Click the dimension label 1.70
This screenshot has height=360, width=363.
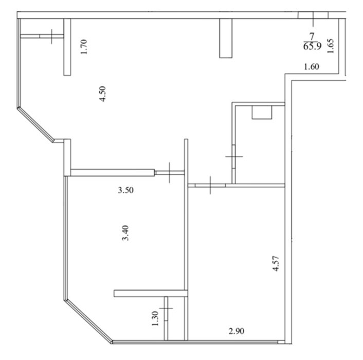(84, 47)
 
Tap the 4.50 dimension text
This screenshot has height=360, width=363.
(102, 94)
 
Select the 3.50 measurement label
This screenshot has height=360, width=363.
(125, 190)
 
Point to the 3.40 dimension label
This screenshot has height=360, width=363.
(125, 233)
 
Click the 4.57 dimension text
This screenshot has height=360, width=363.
(276, 263)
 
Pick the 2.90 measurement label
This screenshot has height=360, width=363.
(236, 331)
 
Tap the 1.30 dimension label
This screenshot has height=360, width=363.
(155, 318)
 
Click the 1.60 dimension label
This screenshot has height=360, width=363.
(312, 67)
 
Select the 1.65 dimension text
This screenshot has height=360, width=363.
(331, 46)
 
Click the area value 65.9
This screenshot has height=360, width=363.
(312, 46)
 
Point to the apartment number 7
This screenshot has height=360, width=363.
(312, 37)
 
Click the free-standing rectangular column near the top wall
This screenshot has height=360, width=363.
(226, 38)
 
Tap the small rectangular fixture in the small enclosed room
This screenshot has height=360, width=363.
(262, 113)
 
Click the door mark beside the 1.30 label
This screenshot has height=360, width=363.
(166, 309)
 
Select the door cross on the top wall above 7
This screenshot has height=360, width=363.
(313, 19)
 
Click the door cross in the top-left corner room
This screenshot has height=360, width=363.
(51, 37)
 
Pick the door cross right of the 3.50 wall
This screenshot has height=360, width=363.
(170, 173)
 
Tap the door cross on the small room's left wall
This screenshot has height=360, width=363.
(234, 156)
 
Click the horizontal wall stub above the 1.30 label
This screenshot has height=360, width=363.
(151, 293)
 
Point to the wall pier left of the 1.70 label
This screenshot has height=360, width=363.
(67, 47)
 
